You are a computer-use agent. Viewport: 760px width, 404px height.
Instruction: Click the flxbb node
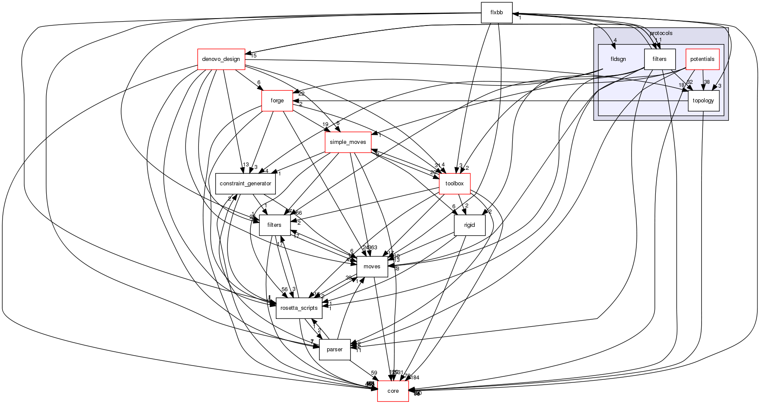pos(497,13)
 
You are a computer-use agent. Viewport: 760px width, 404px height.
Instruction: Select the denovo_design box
pos(221,59)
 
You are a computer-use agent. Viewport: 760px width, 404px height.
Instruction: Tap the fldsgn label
pos(618,59)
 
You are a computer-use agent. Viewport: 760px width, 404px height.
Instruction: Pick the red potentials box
pos(702,59)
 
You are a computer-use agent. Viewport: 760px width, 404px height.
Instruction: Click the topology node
pos(703,101)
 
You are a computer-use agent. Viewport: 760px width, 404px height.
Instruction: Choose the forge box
pos(277,101)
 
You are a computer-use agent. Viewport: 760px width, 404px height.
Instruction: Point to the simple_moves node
pos(348,142)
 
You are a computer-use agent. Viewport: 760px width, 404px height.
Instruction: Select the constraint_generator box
pos(245,184)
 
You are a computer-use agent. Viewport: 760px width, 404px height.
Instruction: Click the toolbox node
pos(454,184)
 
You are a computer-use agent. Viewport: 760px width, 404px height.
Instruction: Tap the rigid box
pos(469,225)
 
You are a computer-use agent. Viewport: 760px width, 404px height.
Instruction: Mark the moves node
pos(372,267)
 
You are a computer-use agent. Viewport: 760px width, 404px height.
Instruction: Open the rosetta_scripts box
pos(299,308)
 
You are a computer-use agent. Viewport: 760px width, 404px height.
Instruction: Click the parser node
pos(334,350)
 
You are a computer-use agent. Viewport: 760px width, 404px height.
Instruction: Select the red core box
pos(393,391)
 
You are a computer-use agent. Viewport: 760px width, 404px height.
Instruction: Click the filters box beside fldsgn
pos(659,59)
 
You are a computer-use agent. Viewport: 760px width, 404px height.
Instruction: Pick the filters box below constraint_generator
pos(274,225)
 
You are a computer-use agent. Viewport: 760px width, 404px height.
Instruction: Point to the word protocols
pos(661,33)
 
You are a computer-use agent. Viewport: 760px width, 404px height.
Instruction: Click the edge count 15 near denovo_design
pos(253,56)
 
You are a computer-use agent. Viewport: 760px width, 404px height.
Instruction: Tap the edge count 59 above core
pos(374,373)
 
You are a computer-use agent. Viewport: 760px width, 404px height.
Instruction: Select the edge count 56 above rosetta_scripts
pos(284,289)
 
